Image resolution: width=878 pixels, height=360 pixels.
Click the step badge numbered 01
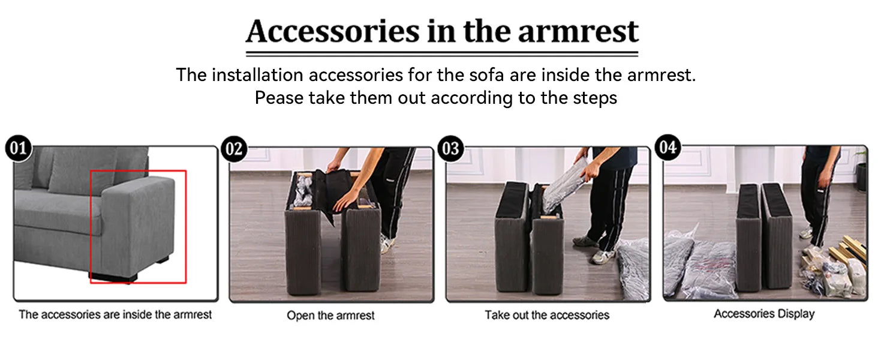(x=19, y=148)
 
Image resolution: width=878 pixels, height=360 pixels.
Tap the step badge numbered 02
(x=234, y=149)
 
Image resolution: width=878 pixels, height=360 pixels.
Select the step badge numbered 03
(x=451, y=149)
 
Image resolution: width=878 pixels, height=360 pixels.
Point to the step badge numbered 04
(x=668, y=147)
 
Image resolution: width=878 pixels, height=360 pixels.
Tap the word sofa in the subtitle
(x=486, y=75)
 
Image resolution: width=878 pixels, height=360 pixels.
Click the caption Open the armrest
(x=330, y=315)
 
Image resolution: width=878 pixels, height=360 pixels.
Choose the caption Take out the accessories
(x=547, y=315)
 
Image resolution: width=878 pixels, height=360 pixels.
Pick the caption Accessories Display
(x=764, y=314)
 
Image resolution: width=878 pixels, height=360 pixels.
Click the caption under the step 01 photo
(x=115, y=314)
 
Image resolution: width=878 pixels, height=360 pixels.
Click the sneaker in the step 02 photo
(x=386, y=243)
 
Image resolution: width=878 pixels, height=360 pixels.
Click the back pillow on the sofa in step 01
(x=85, y=170)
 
